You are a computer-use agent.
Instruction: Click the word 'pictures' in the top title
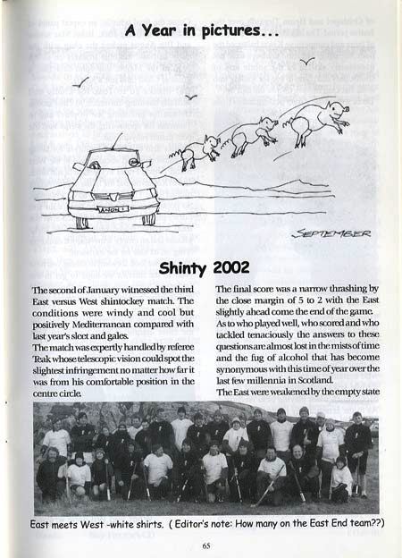(x=209, y=32)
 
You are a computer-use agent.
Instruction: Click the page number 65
(x=205, y=545)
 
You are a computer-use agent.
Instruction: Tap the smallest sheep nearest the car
(x=200, y=148)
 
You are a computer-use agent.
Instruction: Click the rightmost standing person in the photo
(x=358, y=447)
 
